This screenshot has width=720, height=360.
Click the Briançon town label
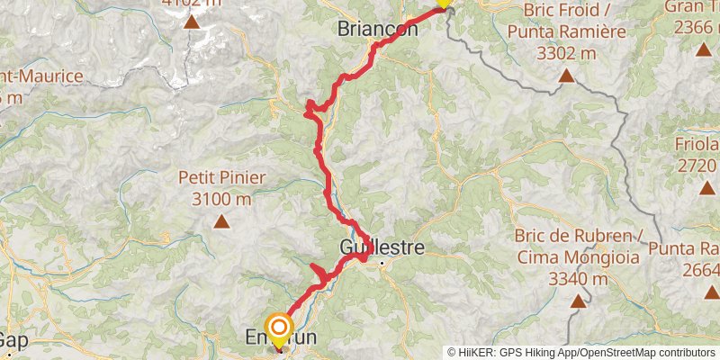click(378, 29)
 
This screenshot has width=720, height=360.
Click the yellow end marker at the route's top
click(442, 3)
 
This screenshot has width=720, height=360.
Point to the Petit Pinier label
click(221, 178)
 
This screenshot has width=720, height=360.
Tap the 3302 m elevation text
click(566, 52)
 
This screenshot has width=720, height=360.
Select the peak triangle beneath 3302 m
click(566, 76)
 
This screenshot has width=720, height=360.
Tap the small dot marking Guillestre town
click(382, 264)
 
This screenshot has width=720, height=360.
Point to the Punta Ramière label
click(565, 34)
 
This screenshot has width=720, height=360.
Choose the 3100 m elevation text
click(221, 199)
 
